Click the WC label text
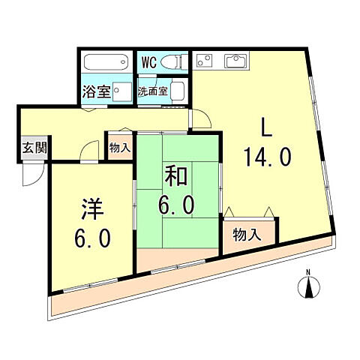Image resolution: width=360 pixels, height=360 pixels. (148, 62)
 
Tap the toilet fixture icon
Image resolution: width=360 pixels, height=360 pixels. (172, 61)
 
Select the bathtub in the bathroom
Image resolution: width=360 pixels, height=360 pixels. (106, 62)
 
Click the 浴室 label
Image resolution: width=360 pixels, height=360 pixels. (96, 93)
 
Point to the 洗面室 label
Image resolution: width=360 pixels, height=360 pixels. (153, 92)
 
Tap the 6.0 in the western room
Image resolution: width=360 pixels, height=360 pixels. (92, 238)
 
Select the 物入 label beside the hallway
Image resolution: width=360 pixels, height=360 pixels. (119, 147)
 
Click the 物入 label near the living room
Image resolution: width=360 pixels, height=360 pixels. (247, 234)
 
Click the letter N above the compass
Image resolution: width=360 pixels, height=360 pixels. (307, 271)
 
